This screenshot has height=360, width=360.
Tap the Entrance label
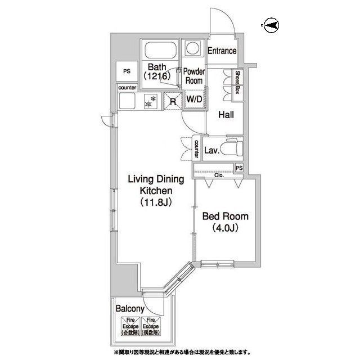pos(222,51)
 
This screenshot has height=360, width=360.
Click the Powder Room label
pos(194,76)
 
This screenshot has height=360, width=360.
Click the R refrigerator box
pos(172,102)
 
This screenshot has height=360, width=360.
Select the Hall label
pos(227,115)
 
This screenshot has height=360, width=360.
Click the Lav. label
pos(211,150)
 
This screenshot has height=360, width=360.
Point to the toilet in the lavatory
pos(232,150)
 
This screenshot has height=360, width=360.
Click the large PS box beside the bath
pos(127,72)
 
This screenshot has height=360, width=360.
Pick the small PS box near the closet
pos(240,168)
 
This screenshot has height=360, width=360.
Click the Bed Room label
pos(225,222)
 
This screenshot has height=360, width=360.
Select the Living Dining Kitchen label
pos(156,191)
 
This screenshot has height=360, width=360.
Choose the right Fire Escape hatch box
pos(150,327)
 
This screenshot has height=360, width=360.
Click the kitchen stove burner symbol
pos(150,103)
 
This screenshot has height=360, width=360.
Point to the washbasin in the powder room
pos(194,48)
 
